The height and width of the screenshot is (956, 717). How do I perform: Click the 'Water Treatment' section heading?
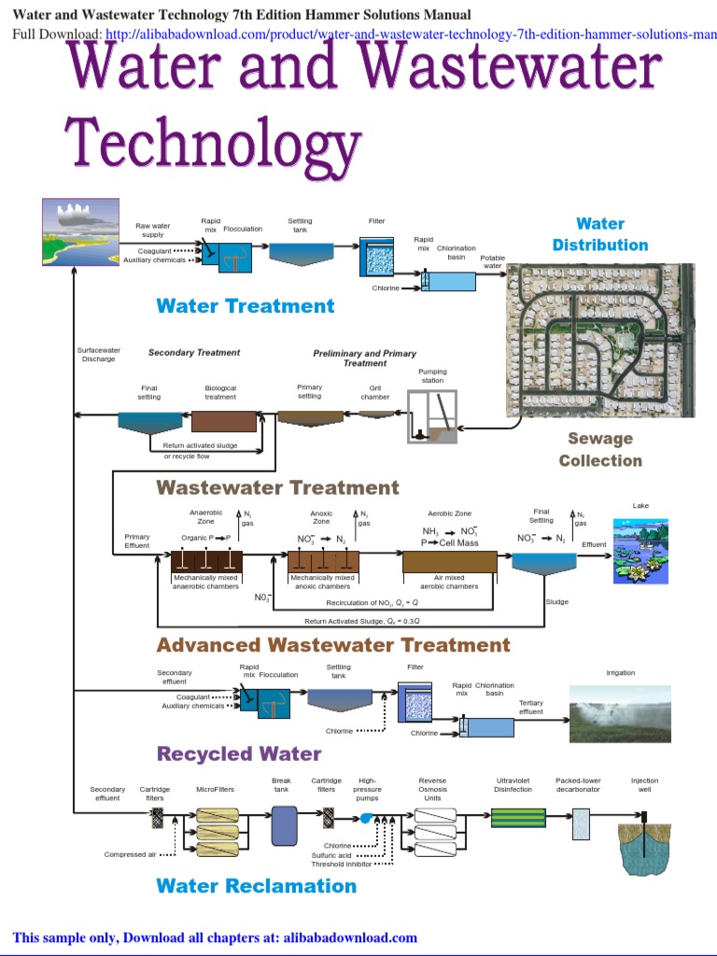[x=245, y=305]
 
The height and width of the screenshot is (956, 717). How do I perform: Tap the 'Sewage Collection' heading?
[x=600, y=449]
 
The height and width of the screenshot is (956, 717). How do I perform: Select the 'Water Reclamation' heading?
[x=256, y=886]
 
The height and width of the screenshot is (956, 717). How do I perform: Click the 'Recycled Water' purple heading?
[x=239, y=753]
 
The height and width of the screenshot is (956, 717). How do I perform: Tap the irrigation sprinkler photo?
[x=620, y=713]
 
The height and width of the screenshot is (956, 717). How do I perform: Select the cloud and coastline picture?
[x=80, y=233]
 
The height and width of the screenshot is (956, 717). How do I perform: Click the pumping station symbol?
[x=432, y=416]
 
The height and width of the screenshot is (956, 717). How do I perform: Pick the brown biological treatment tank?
[x=223, y=420]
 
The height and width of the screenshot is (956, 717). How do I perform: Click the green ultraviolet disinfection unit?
[x=518, y=817]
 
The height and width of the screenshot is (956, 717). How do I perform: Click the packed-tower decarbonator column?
[x=581, y=822]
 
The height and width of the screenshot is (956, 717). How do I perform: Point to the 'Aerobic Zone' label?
[x=449, y=513]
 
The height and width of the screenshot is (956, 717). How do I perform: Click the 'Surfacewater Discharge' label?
[x=98, y=355]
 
